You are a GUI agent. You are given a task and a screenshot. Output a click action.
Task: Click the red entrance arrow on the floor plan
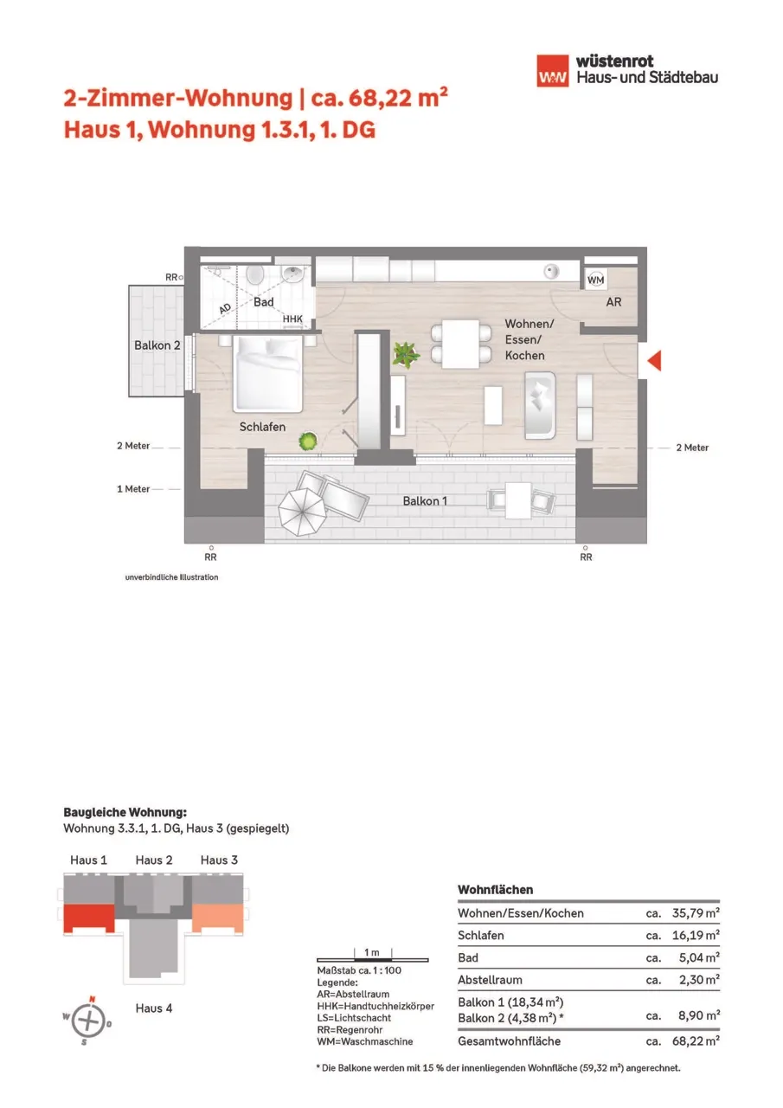pos(655,360)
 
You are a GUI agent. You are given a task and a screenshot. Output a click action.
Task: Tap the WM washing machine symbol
pos(595,280)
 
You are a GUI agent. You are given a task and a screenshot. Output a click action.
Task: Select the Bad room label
pos(264,302)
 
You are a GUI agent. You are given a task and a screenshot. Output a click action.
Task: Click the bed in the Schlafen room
pos(267,374)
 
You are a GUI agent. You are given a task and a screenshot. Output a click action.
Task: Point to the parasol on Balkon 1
pos(302,512)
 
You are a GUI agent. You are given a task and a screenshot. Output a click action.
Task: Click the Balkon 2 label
pos(157,345)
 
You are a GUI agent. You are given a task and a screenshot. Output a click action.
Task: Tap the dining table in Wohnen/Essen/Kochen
pos(460,344)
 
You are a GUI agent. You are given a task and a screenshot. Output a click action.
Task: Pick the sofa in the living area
pos(540,406)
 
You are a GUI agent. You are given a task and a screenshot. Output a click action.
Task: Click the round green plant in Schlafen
pos(307,441)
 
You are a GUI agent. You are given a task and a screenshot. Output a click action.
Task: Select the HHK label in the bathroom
pos(292,319)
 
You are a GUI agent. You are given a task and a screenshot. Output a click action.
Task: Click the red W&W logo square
pos(553,71)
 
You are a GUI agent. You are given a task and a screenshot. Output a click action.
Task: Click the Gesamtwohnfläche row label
pos(509,1041)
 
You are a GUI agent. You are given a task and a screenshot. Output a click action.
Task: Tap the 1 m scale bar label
pos(372,952)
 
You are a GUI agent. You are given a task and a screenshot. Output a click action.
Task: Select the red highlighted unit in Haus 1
pos(89,918)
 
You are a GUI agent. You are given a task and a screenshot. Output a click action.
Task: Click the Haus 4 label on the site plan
pos(154,1008)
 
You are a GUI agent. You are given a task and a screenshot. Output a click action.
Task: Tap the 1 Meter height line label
pos(133,489)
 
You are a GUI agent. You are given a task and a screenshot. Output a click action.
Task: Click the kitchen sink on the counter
pos(551,271)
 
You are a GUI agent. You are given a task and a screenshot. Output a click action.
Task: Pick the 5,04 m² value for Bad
pos(699,957)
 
